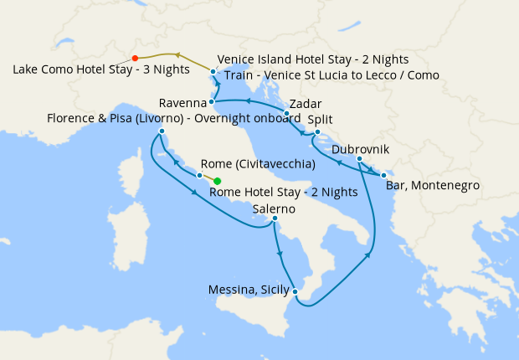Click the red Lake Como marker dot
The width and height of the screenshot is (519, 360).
point(135,58)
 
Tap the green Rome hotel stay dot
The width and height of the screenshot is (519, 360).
point(218,181)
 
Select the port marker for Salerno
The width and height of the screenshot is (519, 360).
point(275,219)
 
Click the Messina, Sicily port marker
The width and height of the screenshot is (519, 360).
point(295,291)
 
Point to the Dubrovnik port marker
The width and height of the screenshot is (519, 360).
point(359,159)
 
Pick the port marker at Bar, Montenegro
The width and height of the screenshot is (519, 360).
point(383,175)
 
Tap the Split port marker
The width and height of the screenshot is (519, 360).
point(317,131)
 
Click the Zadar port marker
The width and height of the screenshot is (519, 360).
point(286,113)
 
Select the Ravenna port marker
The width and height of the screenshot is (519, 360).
point(212,102)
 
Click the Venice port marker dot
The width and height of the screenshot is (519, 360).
point(214,72)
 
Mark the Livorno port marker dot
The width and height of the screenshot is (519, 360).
point(161,131)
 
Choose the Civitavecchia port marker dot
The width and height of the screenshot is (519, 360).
point(199,176)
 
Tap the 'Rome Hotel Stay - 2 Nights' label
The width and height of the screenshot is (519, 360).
point(284,193)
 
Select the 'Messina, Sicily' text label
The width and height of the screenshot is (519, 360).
point(248,291)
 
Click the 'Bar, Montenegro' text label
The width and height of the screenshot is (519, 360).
point(433,186)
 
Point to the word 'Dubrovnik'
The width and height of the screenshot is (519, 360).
point(360,148)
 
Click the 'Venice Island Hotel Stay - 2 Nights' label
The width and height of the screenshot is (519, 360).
point(313,59)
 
